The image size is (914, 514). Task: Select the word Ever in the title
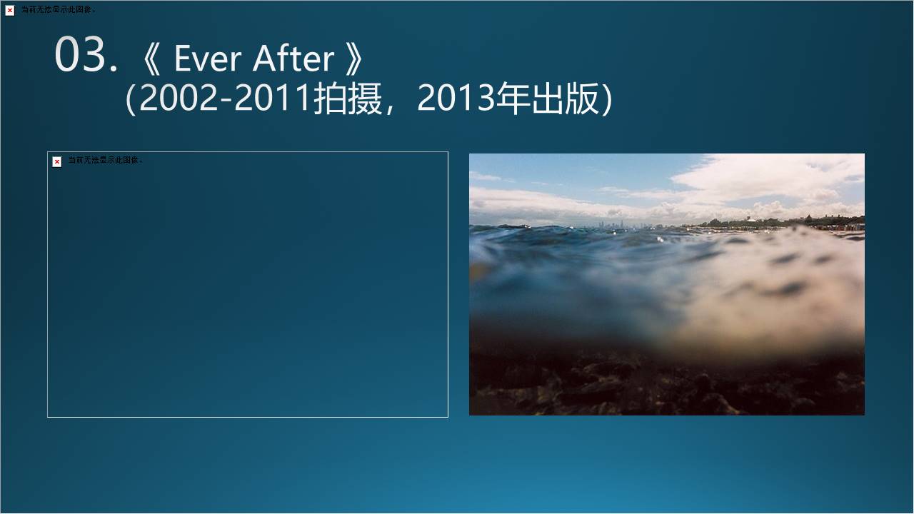coord(208,59)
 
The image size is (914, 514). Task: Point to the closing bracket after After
coord(353,59)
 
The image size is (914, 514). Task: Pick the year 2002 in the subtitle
coord(179,98)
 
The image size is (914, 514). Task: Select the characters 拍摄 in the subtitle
coord(348,99)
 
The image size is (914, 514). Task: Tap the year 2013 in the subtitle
coord(456,98)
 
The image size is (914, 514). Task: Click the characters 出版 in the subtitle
coord(565,99)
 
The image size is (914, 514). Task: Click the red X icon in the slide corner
coord(10,10)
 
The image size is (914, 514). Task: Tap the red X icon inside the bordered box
coord(57,162)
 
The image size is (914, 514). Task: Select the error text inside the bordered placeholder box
coord(106,160)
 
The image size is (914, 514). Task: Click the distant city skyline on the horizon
coord(612,224)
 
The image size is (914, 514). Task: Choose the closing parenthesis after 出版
coord(607,99)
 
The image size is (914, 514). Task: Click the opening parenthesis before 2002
coord(131,99)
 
